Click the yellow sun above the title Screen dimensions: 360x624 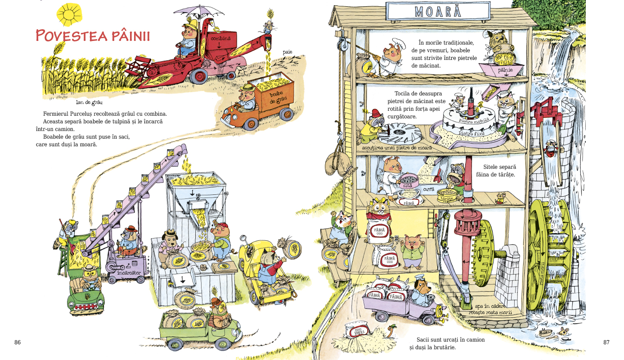point(69,14)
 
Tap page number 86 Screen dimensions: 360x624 point(18,342)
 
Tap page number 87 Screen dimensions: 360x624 point(606,342)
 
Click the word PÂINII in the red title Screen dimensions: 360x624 point(127,36)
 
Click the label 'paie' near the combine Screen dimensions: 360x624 point(287,52)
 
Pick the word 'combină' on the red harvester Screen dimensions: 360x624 point(220,39)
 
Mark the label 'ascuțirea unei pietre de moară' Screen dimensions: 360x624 point(396,147)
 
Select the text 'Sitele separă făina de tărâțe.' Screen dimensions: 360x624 point(499,171)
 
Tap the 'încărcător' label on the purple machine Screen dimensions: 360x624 point(129,273)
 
